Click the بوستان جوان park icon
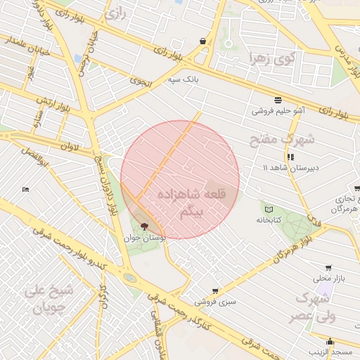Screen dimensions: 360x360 (145, 226)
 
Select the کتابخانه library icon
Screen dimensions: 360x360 (268, 209)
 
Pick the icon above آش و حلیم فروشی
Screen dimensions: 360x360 (278, 98)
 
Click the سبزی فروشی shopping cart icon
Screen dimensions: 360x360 (215, 290)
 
